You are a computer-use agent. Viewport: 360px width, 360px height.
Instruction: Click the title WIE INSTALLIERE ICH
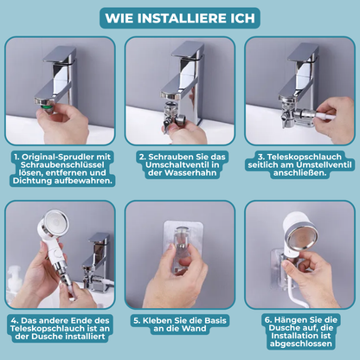[x=180, y=17]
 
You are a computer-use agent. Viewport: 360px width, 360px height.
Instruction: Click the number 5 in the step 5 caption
[x=136, y=318]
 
